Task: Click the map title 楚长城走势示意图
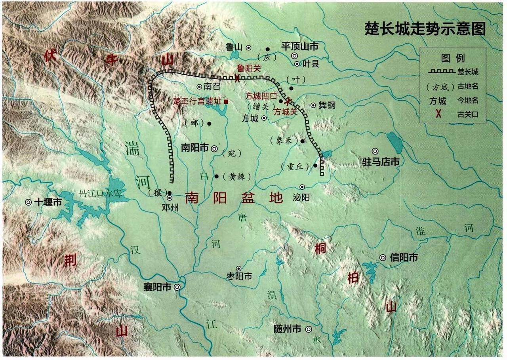coord(425,29)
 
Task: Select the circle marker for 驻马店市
coord(375,151)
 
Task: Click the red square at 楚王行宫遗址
coord(226,101)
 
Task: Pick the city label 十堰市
coord(48,202)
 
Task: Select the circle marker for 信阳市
coord(383,257)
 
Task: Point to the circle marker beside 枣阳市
coord(238,269)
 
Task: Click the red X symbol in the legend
coord(438,114)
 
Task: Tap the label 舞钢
coord(327,105)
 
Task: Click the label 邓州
coord(170,206)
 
